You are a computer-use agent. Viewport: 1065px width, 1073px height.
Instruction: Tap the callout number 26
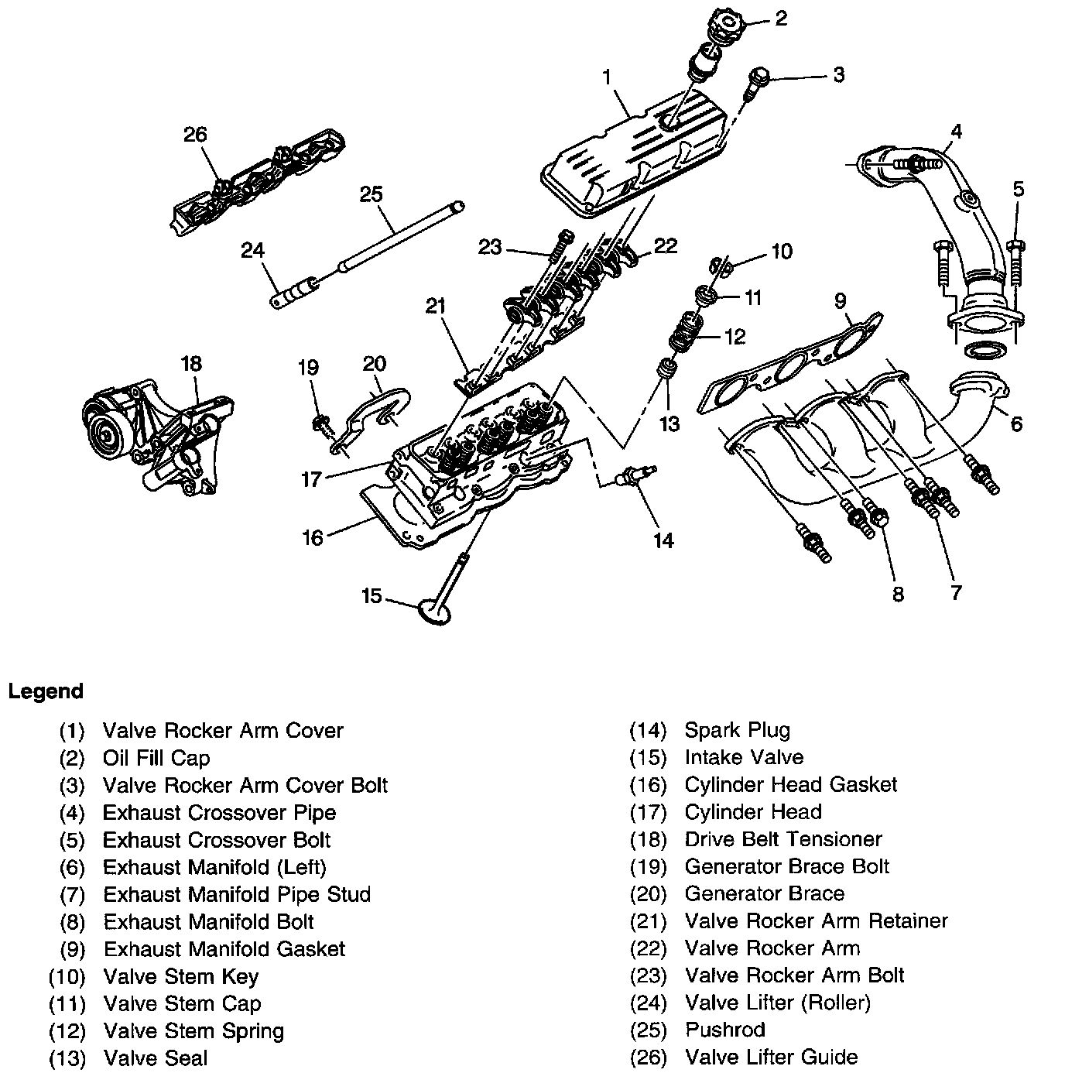[195, 135]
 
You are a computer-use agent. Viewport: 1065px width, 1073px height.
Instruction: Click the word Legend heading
[46, 691]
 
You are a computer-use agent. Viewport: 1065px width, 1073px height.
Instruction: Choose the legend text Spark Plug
[737, 730]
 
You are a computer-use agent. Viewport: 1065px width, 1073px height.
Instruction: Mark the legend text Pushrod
[724, 1030]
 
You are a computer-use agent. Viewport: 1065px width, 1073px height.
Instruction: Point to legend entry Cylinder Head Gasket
[790, 784]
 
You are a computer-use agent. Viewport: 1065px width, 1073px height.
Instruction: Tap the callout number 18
[191, 363]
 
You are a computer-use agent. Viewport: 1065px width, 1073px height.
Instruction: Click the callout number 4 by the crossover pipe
[957, 131]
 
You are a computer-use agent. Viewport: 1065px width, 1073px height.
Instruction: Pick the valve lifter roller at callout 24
[293, 293]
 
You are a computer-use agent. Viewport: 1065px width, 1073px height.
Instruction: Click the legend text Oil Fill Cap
[156, 758]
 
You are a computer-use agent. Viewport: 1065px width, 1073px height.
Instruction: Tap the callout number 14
[663, 540]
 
